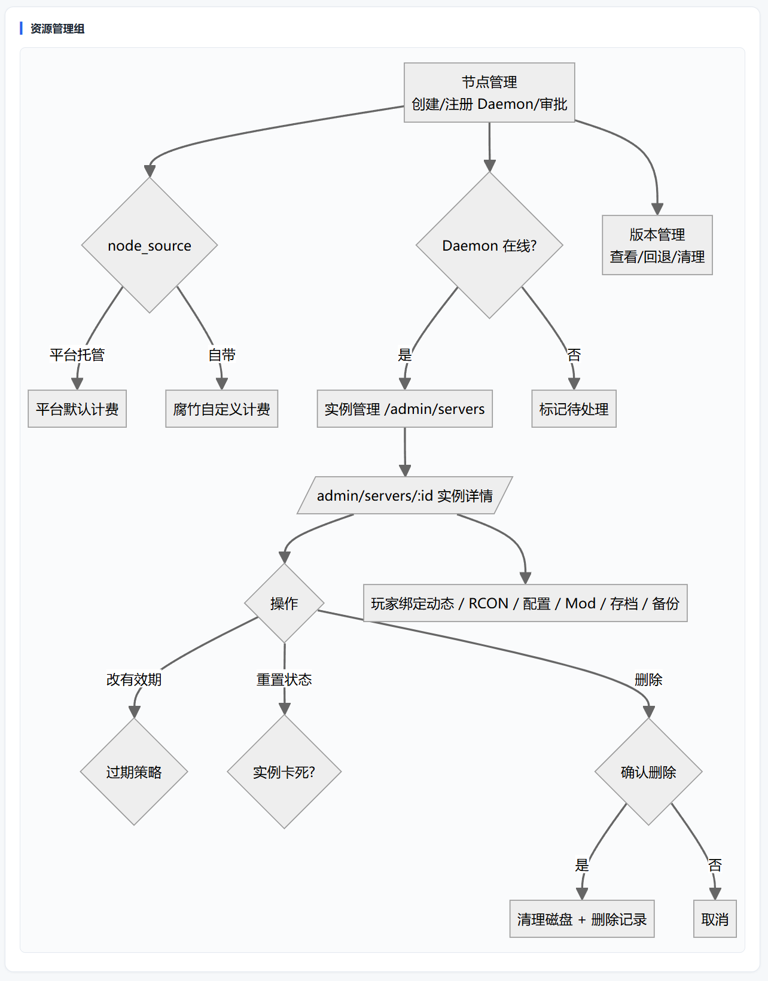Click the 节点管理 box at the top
pos(489,93)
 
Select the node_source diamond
pos(150,245)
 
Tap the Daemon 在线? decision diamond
pos(489,245)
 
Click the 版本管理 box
pos(657,245)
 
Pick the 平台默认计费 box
pos(77,409)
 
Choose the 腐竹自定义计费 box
pos(221,409)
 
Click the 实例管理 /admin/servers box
pos(405,409)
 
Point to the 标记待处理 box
pos(574,409)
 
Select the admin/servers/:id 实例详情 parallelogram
pos(405,495)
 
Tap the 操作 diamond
pos(284,603)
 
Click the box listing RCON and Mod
pos(525,603)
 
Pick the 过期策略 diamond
pos(134,772)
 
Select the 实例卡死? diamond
pos(284,772)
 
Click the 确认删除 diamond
pos(648,772)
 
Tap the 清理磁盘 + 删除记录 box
pos(582,919)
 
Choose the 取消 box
pos(715,919)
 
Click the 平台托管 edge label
pos(77,354)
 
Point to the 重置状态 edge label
pos(284,680)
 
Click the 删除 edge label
pos(648,680)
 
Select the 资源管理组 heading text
pos(57,29)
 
